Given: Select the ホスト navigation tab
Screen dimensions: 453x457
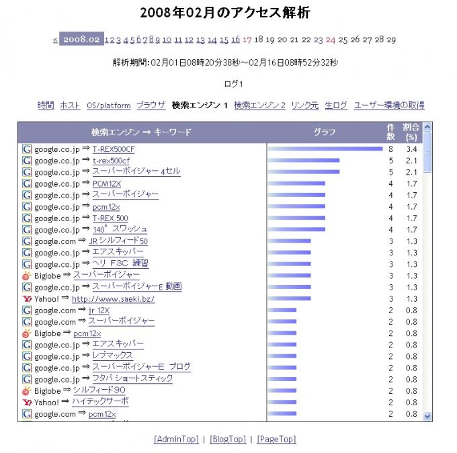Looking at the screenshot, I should (x=70, y=106).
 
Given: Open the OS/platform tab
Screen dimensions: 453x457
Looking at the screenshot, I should (x=109, y=106).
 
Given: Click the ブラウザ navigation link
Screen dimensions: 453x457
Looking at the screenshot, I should (x=151, y=106).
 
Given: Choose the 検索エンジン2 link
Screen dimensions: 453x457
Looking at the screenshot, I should (x=259, y=106).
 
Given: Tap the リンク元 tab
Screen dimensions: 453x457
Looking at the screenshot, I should (x=305, y=106).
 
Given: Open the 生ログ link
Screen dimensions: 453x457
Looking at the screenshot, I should (x=336, y=106).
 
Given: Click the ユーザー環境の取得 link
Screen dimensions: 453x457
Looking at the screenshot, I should (x=389, y=106).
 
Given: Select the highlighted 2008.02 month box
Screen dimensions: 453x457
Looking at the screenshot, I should (x=81, y=40).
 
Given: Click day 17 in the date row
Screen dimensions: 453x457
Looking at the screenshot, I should (x=247, y=40).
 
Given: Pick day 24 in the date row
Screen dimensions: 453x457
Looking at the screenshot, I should (x=331, y=40).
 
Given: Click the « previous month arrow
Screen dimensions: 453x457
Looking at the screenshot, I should (x=55, y=40).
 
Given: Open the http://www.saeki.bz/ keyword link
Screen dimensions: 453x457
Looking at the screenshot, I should (x=113, y=298).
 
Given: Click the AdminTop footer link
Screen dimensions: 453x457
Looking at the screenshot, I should (x=176, y=439).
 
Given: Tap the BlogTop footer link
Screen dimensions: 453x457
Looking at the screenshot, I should (x=228, y=439).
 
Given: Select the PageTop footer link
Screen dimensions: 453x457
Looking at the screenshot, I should (x=276, y=439).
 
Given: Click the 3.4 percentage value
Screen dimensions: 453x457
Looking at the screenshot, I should (x=412, y=149).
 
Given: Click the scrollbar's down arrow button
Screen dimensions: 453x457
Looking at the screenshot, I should (x=427, y=416).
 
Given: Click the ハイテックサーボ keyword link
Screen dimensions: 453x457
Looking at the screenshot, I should (x=100, y=402).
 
